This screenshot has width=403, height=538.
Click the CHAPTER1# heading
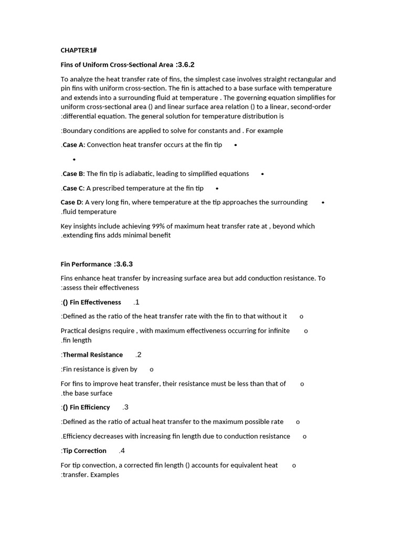tap(79, 50)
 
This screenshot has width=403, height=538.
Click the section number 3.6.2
tap(186, 65)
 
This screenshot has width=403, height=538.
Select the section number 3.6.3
tap(126, 264)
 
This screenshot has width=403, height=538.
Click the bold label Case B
tap(73, 174)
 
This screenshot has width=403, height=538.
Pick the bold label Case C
tap(73, 188)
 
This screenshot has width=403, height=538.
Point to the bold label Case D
tap(71, 202)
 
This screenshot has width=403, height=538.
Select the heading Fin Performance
tap(86, 264)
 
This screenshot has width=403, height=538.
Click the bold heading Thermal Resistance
tap(93, 355)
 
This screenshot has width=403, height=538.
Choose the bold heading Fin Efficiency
tap(90, 407)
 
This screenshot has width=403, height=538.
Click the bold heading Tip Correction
tap(84, 451)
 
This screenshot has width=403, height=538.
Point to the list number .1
tap(136, 302)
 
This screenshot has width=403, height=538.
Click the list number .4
tap(122, 451)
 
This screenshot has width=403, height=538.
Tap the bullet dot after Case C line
tap(217, 188)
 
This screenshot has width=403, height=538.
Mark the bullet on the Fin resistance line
tap(152, 370)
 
